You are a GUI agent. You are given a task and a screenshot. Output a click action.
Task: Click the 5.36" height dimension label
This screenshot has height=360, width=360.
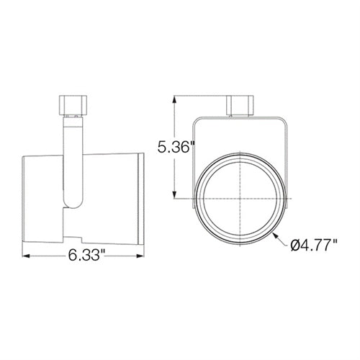coord(176,147)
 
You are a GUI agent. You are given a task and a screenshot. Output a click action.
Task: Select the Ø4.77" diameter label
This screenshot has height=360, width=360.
coord(313,246)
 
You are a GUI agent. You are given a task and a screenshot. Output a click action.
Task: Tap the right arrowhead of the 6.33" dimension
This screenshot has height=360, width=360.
coord(140,256)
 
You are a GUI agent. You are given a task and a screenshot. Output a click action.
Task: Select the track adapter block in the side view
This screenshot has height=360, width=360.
coord(73,105)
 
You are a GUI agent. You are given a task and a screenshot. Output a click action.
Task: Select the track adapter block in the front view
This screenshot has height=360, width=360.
coord(240,106)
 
